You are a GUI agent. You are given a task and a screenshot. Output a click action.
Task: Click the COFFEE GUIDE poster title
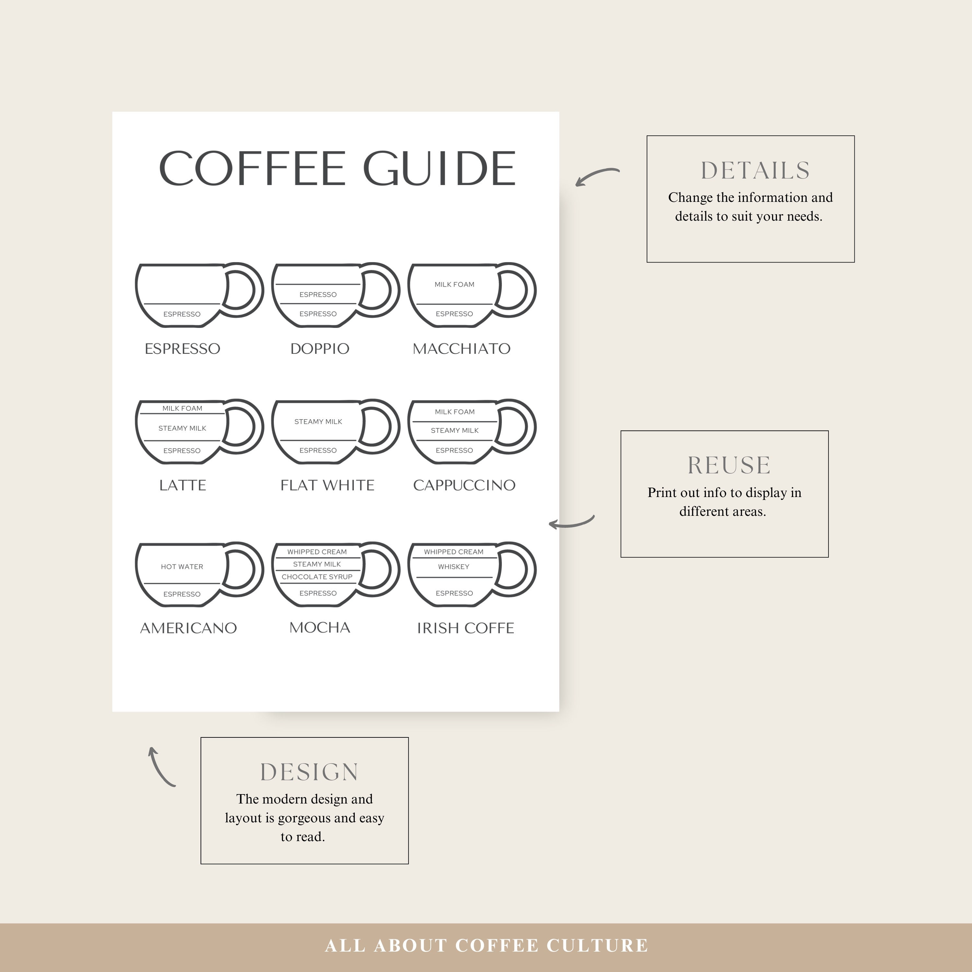pyautogui.click(x=337, y=168)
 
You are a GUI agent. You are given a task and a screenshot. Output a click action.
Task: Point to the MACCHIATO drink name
pyautogui.click(x=461, y=349)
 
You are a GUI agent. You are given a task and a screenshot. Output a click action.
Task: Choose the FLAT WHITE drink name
pyautogui.click(x=327, y=485)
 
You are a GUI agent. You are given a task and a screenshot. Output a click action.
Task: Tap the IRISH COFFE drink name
pyautogui.click(x=465, y=628)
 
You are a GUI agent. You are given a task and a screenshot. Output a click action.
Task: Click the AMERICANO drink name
pyautogui.click(x=188, y=628)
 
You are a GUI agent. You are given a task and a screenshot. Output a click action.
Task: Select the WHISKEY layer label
pyautogui.click(x=453, y=566)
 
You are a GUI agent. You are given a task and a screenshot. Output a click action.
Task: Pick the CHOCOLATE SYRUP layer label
pyautogui.click(x=317, y=577)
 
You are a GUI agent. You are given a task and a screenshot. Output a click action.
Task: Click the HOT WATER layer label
pyautogui.click(x=182, y=566)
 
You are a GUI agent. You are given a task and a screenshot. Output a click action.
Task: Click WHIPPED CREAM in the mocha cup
pyautogui.click(x=317, y=552)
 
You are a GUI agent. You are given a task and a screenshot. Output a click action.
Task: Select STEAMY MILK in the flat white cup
pyautogui.click(x=318, y=422)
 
